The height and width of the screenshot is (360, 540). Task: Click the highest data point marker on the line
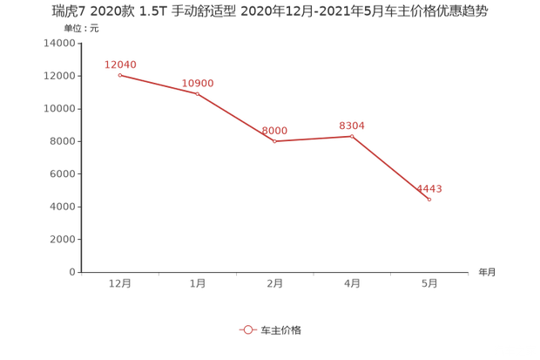point(118,75)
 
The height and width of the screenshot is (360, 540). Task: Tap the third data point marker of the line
point(274,141)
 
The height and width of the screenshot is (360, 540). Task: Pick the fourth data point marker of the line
point(352,136)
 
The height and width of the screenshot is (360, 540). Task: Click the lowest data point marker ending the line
point(429,200)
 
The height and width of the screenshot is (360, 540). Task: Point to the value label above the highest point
point(120,64)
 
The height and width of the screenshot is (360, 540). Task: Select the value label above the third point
point(275,130)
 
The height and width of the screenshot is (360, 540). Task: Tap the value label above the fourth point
point(352,125)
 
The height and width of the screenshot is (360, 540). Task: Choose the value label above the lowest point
point(429,187)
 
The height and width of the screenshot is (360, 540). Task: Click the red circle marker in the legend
point(248,330)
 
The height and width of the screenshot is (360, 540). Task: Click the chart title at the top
point(269,11)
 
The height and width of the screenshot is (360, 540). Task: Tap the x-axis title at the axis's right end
point(486,272)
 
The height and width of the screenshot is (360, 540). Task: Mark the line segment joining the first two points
point(158,84)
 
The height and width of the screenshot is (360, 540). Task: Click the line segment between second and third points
point(235,117)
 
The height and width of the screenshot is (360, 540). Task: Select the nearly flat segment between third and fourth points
point(314,139)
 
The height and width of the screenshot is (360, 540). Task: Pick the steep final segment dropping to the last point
point(391,168)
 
